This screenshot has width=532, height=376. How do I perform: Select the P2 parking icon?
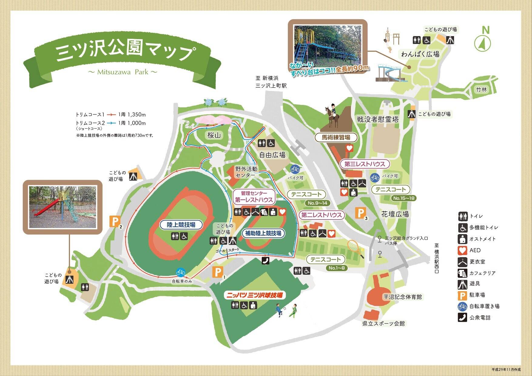(x=115, y=221)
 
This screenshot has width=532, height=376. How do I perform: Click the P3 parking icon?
(x=360, y=213)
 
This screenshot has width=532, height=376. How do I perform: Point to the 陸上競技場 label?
(x=181, y=225)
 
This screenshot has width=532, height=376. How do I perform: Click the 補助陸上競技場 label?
(x=263, y=233)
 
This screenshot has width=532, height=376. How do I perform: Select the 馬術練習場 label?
(x=336, y=137)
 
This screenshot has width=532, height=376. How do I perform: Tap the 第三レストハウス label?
(x=365, y=164)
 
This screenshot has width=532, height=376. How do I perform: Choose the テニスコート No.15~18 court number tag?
(x=404, y=198)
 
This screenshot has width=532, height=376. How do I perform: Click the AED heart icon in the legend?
(x=462, y=250)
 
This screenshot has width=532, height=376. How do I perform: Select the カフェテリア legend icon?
(x=462, y=273)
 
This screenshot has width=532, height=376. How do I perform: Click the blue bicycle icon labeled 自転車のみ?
(x=181, y=272)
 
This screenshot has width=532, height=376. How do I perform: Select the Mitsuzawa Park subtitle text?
(x=123, y=72)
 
